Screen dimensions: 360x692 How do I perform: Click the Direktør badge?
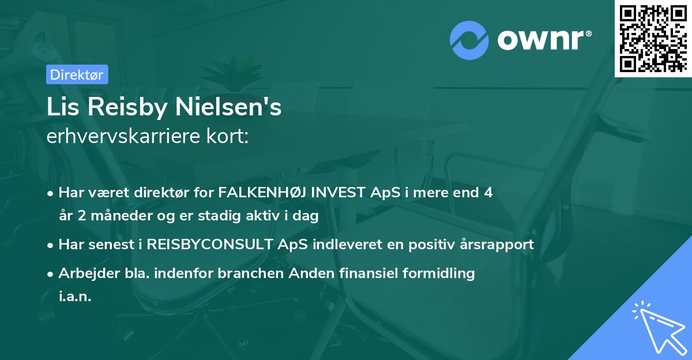point(77,74)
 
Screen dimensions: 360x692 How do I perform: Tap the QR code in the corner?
point(653,38)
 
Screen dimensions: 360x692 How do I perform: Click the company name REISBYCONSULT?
point(208,245)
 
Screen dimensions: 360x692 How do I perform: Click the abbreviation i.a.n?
point(75,297)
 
